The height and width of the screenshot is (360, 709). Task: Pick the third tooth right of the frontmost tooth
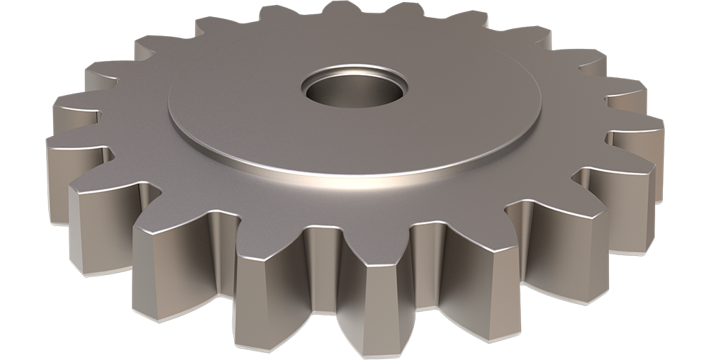[x=617, y=206]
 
